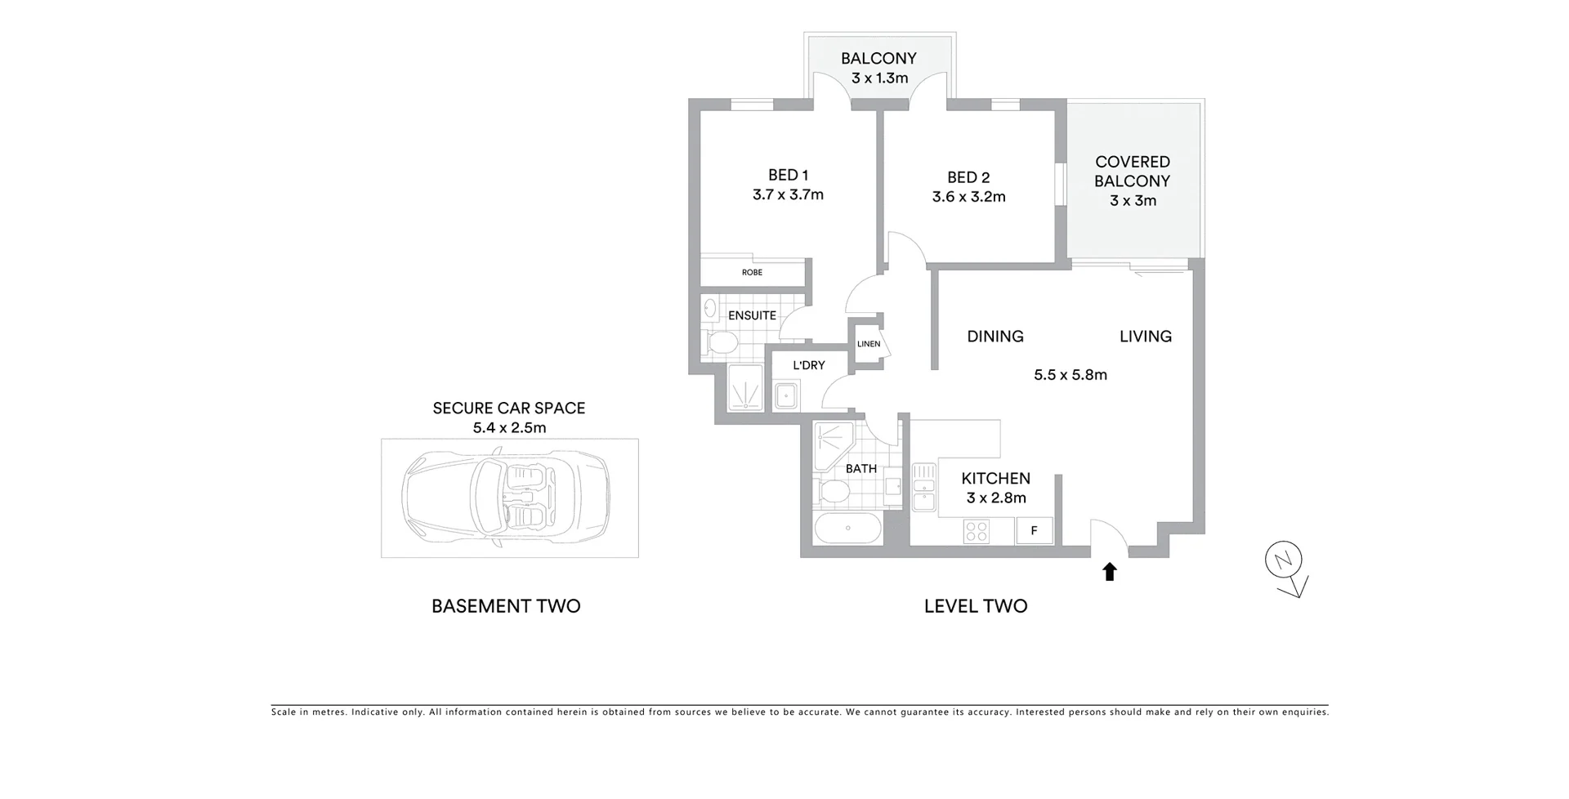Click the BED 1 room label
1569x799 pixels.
click(788, 175)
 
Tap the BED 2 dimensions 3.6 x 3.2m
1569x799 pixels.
click(968, 197)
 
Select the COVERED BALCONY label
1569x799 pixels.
click(1133, 172)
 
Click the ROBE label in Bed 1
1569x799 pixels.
click(752, 272)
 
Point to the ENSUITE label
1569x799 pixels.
click(752, 315)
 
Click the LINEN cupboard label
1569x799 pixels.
click(869, 344)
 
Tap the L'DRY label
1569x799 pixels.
click(809, 365)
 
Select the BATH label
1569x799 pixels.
click(861, 469)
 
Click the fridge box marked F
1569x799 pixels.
click(1034, 531)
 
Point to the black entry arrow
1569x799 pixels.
click(1110, 571)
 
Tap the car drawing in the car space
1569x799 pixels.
click(506, 498)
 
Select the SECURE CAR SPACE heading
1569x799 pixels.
click(509, 408)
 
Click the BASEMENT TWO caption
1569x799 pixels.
click(506, 606)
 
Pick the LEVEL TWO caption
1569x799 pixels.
click(976, 606)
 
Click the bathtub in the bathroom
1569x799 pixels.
click(848, 529)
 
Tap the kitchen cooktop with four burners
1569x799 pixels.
click(977, 532)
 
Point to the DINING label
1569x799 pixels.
click(995, 337)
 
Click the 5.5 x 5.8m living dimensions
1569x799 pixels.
click(1071, 375)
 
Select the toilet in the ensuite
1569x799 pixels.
click(720, 342)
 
